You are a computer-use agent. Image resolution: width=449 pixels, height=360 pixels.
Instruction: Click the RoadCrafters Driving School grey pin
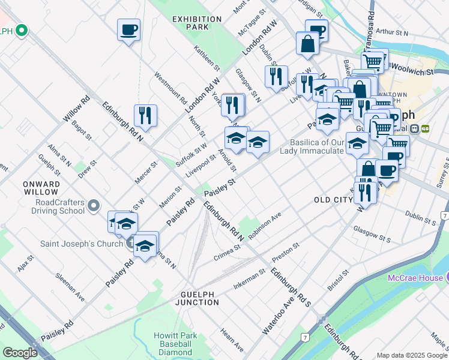click(93, 206)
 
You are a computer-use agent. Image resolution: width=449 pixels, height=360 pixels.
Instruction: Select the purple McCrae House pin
click(445, 277)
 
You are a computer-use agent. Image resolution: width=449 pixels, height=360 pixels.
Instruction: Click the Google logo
click(20, 353)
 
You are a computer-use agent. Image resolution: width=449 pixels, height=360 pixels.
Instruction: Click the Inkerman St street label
click(249, 280)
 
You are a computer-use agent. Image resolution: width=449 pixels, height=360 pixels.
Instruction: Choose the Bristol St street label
click(338, 280)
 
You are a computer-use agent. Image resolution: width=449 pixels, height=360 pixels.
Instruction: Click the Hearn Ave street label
click(232, 340)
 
